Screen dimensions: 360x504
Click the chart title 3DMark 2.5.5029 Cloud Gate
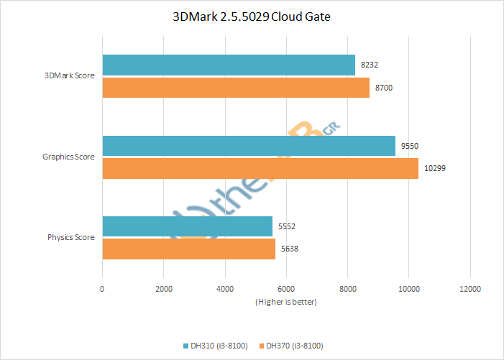coord(252,17)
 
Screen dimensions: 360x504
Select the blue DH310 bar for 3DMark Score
coord(229,65)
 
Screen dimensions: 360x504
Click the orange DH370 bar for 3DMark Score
coord(236,88)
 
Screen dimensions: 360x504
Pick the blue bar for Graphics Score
coord(249,146)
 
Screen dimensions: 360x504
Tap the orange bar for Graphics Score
coord(260,169)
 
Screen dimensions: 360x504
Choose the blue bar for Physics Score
coord(188,226)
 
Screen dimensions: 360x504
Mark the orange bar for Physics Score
coord(189,249)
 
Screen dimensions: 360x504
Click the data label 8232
coord(370,65)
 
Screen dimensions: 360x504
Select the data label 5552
coord(287,226)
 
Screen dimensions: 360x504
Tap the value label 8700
coord(384,88)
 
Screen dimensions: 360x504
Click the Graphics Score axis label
coord(68,157)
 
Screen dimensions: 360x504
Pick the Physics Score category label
coord(71,237)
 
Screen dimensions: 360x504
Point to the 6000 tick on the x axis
coord(286,288)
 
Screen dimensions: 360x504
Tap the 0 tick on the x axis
coord(102,288)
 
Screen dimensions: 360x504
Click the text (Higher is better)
coord(285,302)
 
